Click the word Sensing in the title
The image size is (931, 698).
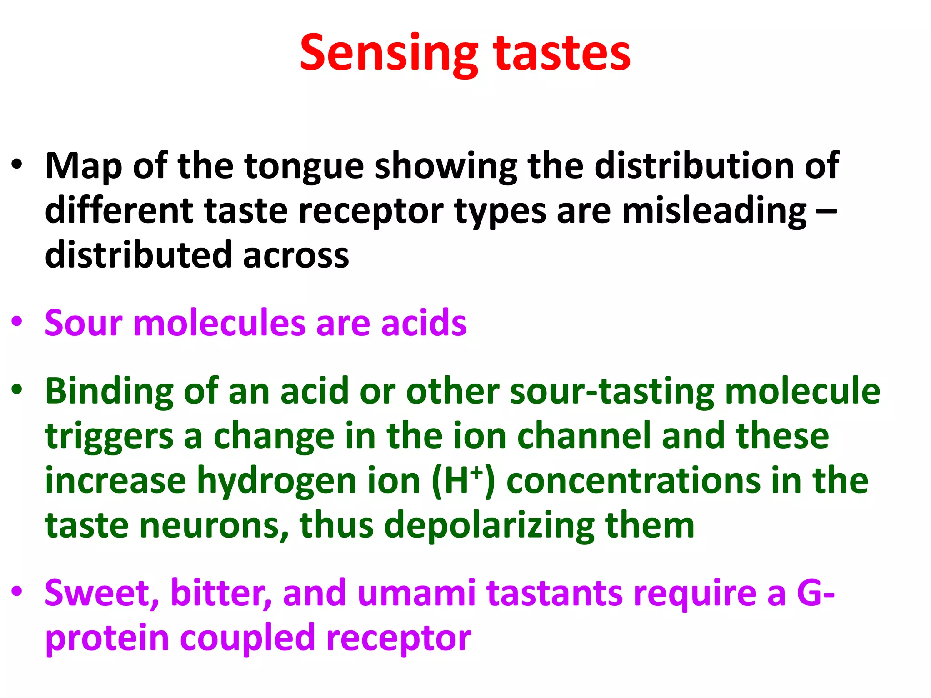pos(389,54)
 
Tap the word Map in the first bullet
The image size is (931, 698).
pos(84,166)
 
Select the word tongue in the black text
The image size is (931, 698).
pos(304,166)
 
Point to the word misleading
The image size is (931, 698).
pos(714,211)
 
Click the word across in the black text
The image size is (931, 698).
pos(296,255)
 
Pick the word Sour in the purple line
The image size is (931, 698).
pos(84,323)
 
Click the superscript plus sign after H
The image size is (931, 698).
pos(476,473)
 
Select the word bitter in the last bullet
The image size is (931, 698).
pos(221,593)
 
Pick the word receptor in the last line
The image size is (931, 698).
pos(399,638)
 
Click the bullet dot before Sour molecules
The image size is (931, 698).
pos(17,322)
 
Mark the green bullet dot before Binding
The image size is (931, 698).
pos(17,389)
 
